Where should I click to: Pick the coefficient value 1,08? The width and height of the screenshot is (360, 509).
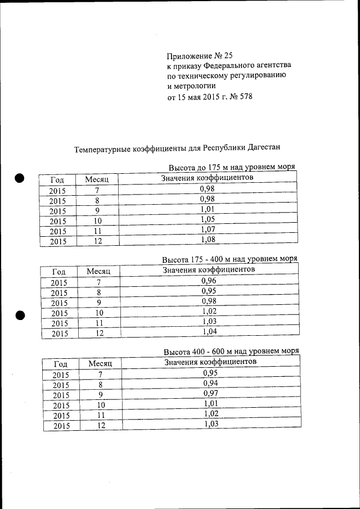[208, 240]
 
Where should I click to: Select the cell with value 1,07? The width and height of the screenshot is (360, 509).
[208, 229]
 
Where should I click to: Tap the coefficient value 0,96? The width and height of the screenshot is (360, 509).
[209, 280]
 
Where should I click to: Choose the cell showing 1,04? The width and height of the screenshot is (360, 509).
[209, 332]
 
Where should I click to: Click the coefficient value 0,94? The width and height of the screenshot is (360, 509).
[210, 383]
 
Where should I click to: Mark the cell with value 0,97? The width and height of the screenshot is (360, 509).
[210, 393]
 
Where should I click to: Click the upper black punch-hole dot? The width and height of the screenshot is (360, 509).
[20, 178]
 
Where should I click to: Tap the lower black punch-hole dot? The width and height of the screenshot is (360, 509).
[21, 316]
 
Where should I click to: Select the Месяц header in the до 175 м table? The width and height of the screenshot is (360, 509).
[101, 179]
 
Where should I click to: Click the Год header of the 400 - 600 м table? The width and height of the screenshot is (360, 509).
[60, 364]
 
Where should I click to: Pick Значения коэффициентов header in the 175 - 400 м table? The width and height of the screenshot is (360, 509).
[209, 270]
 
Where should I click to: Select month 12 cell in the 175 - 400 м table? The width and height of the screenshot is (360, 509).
[99, 334]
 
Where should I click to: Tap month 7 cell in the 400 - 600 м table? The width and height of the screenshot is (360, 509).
[101, 375]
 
